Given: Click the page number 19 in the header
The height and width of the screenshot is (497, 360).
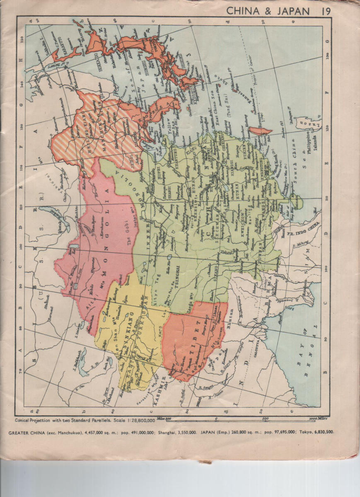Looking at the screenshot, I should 325,11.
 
